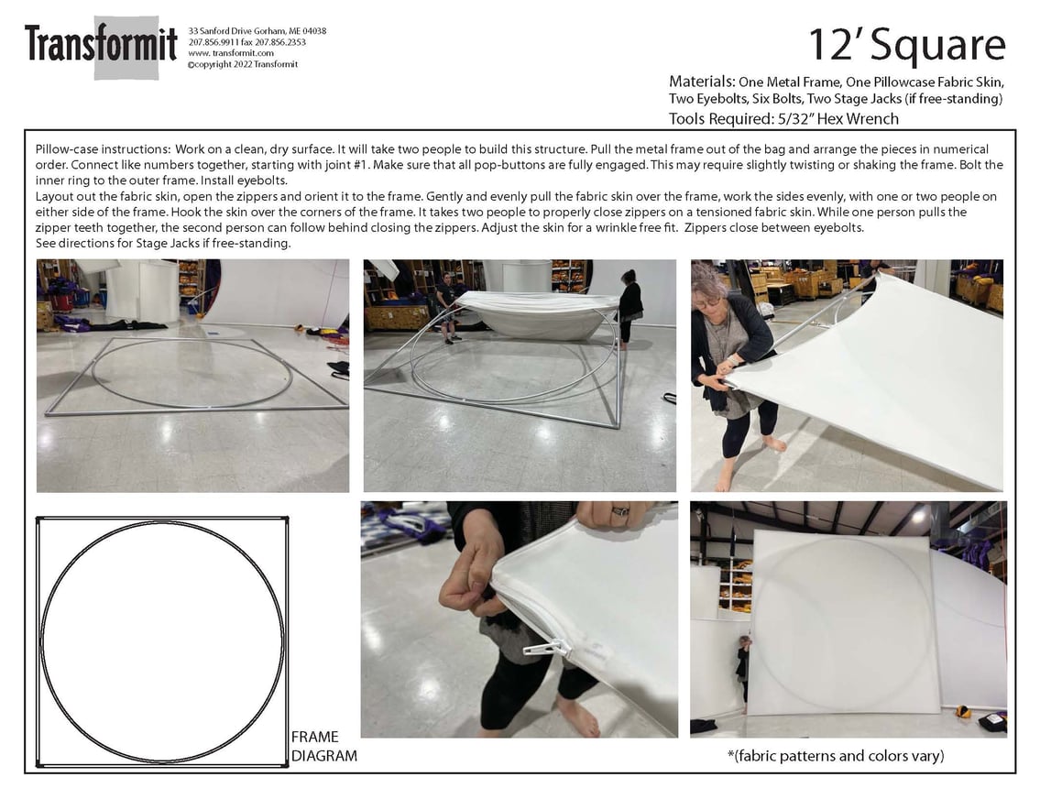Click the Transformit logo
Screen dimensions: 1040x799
[x=101, y=47]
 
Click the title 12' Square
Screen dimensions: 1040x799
[x=907, y=45]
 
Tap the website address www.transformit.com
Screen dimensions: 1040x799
[x=231, y=53]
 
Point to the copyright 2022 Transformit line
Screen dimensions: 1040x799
[x=243, y=64]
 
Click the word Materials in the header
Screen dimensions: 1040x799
[x=700, y=82]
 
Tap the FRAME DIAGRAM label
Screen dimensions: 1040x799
[x=323, y=746]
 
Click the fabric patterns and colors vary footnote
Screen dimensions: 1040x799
[x=836, y=756]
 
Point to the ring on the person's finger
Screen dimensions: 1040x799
[x=620, y=510]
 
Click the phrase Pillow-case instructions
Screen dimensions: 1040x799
[x=102, y=149]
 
